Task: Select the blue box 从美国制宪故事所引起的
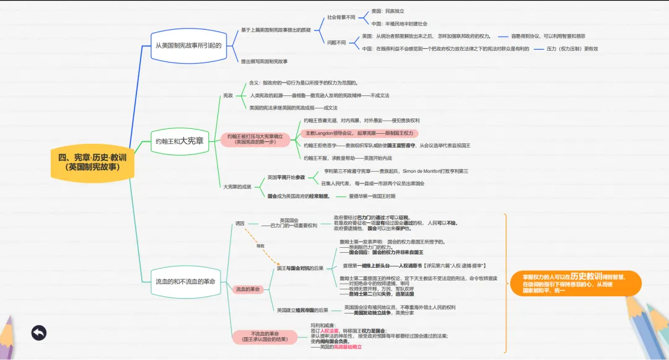point(188,45)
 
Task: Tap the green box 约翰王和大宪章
point(180,141)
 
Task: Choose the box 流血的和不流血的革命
point(186,281)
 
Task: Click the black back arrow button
point(39,333)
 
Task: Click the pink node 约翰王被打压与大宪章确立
point(255,139)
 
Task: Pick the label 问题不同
point(336,42)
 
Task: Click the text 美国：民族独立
point(388,11)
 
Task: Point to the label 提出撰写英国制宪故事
point(265,61)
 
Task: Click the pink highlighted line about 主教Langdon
point(359,133)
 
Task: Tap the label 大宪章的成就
point(238,187)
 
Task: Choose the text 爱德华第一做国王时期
point(372,196)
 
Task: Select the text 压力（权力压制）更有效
point(572,48)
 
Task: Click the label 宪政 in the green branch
point(228,95)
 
